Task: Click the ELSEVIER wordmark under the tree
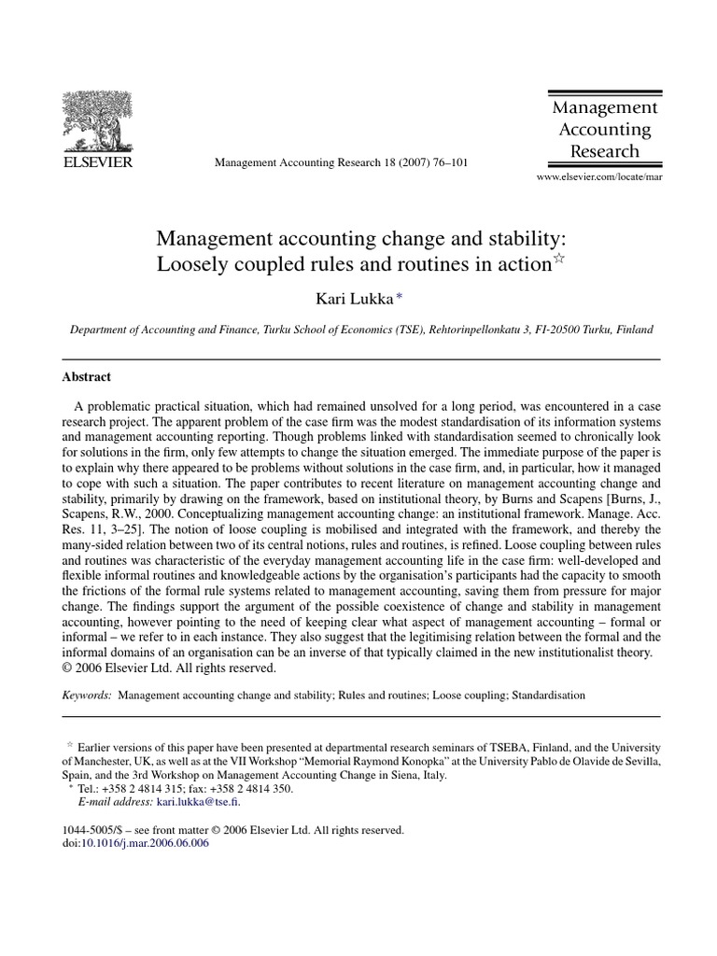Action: (x=97, y=162)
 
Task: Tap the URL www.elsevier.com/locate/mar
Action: (x=598, y=176)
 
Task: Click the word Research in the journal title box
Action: (x=604, y=150)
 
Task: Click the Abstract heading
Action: (x=86, y=377)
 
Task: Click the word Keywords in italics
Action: (x=85, y=696)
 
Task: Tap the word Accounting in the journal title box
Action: (x=604, y=129)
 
